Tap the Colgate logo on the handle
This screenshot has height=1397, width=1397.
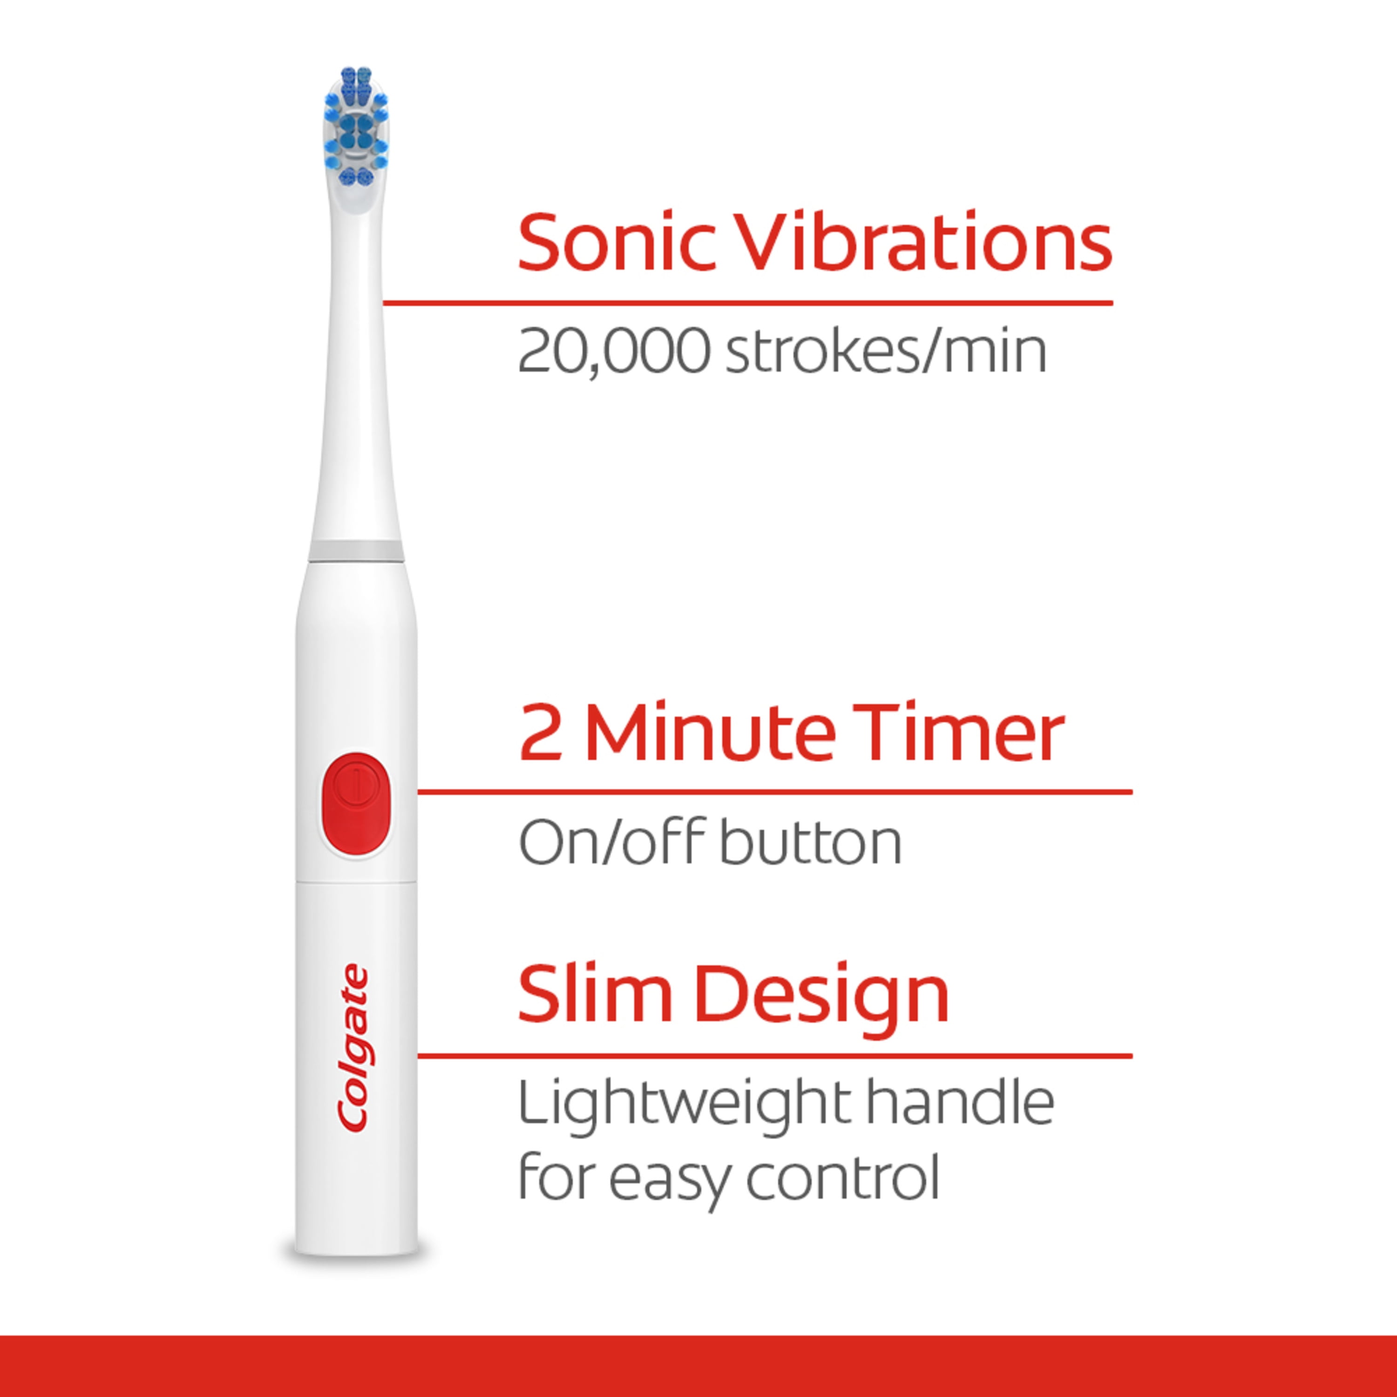[x=353, y=1049]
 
